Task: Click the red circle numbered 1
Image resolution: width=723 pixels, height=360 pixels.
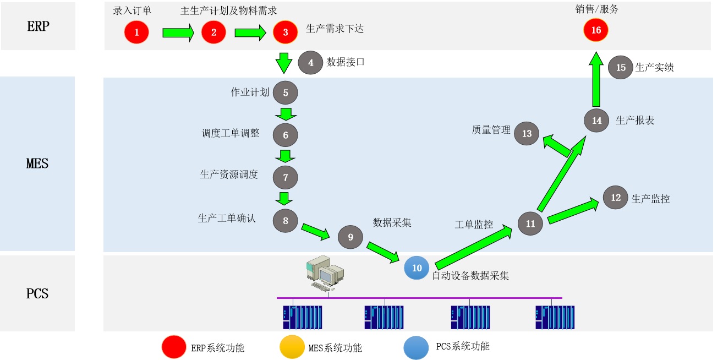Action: point(137,32)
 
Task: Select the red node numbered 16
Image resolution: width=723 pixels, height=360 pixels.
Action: point(596,30)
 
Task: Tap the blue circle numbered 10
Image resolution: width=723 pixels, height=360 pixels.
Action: point(417,268)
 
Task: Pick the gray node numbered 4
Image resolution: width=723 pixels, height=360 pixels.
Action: point(311,63)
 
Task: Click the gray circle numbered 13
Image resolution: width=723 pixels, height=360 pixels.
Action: point(527,133)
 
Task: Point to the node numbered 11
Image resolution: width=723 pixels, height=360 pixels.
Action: point(530,223)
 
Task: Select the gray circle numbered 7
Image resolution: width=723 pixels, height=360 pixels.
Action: point(286,177)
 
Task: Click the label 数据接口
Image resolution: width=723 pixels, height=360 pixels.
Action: point(346,62)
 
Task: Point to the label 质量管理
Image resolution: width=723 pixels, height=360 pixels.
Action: point(491,130)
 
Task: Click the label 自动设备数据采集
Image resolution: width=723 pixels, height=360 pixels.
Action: point(470,275)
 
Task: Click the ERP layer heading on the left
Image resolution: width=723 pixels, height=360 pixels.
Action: point(38,26)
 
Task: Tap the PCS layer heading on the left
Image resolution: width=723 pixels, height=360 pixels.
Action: point(37,293)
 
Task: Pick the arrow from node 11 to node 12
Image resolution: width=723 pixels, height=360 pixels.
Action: point(573,211)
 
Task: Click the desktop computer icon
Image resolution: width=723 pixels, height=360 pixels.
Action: point(325,273)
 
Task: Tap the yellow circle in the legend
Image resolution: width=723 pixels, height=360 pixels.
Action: point(292,347)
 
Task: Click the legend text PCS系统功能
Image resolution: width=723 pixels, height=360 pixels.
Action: point(463,347)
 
